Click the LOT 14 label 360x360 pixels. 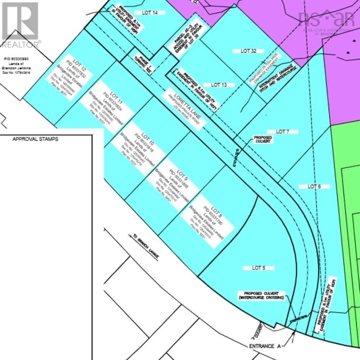150,13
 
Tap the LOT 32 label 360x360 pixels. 248,51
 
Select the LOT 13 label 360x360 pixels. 219,85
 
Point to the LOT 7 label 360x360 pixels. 283,132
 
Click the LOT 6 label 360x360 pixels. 314,186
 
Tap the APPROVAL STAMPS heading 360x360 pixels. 35,139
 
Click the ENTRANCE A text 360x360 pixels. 265,346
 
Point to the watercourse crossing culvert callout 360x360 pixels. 261,296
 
